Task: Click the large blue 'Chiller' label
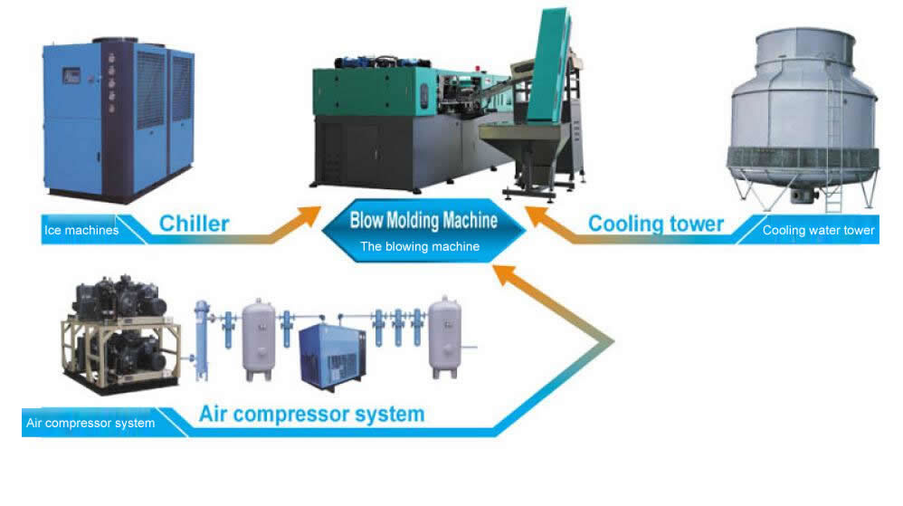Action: pos(194,223)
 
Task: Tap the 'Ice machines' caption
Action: pos(81,230)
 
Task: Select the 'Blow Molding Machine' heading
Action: pos(423,220)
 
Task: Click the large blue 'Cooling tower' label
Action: pos(656,223)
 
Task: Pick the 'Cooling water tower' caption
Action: pos(818,230)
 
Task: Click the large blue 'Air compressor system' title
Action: pos(311,415)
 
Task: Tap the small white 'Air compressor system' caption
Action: pos(90,423)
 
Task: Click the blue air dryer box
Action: pos(331,353)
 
